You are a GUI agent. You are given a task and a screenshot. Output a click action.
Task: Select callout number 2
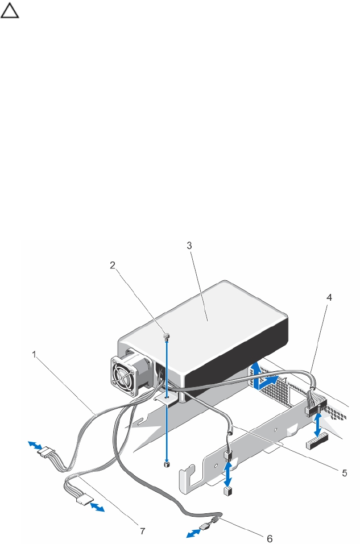pos(113,265)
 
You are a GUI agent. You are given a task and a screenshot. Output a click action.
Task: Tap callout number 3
pos(189,245)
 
